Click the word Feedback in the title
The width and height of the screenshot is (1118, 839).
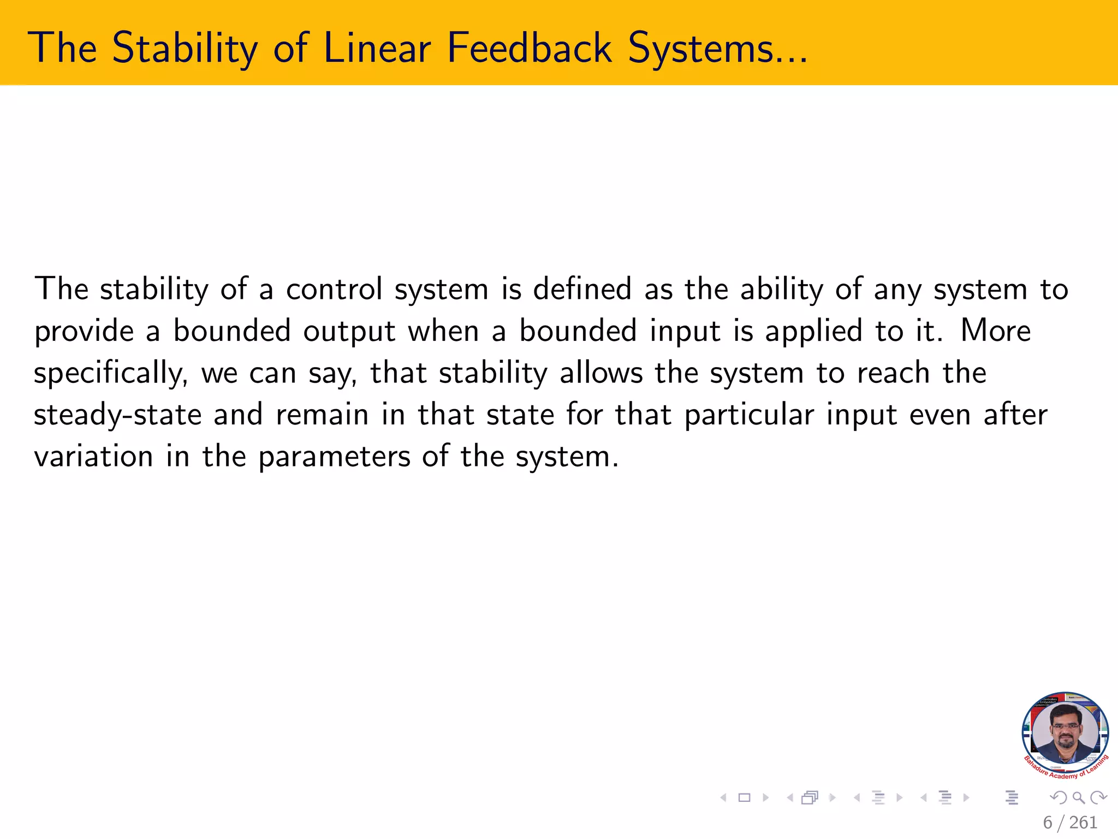click(x=529, y=48)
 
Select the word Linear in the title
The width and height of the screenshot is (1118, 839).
click(x=377, y=48)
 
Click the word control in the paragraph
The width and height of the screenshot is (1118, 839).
click(x=334, y=289)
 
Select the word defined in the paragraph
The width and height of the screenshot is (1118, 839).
click(x=582, y=289)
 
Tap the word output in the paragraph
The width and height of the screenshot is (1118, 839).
click(x=349, y=332)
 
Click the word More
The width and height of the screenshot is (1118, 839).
click(x=995, y=331)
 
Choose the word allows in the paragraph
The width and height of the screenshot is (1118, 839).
click(x=601, y=373)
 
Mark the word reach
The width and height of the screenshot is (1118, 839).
click(x=893, y=373)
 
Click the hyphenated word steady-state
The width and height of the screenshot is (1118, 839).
click(x=117, y=415)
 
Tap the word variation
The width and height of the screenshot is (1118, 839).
click(x=93, y=457)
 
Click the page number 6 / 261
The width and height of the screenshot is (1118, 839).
click(x=1069, y=822)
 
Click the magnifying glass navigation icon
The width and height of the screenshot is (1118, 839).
click(x=1078, y=797)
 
